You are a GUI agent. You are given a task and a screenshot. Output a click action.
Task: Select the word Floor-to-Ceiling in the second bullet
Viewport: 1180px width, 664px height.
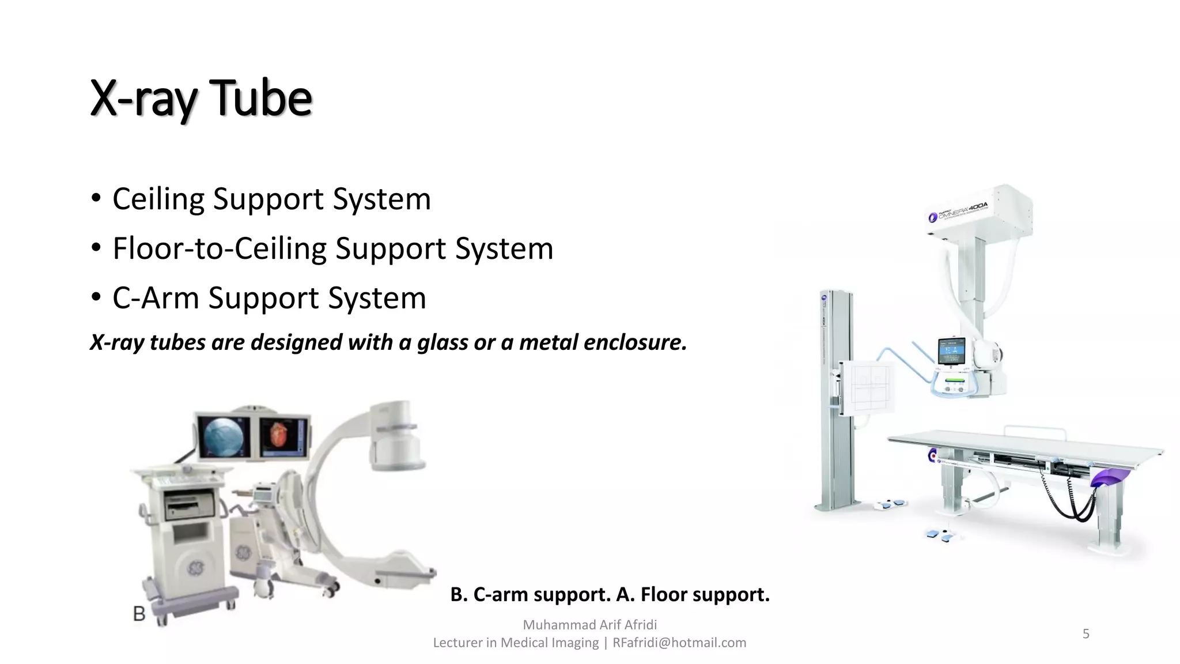(220, 249)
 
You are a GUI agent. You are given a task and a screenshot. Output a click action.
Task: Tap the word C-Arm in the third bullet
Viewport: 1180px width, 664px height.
(155, 299)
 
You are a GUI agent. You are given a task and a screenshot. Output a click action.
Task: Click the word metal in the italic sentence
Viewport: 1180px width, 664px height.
(547, 342)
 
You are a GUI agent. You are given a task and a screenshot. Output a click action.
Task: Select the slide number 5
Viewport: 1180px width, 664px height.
(1086, 634)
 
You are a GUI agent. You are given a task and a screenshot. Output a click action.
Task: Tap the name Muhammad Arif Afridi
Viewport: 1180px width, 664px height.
(589, 625)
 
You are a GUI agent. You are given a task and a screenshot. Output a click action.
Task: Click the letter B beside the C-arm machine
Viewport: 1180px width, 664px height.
(139, 614)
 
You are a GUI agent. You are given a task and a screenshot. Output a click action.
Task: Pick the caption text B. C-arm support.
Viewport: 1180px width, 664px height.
(530, 594)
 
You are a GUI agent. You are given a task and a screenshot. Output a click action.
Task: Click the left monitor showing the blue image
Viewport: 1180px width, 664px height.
(223, 436)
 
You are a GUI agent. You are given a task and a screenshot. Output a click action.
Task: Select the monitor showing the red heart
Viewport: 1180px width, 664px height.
(283, 436)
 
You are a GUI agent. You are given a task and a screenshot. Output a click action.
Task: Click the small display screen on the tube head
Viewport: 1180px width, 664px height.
(951, 352)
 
